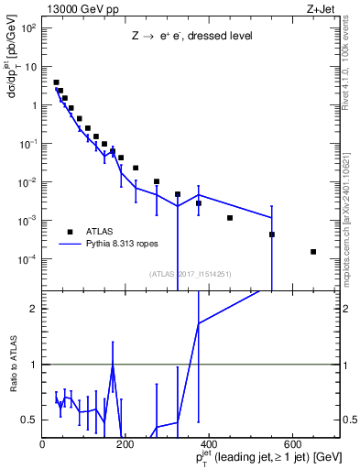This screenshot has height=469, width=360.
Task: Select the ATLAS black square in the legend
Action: [x=70, y=231]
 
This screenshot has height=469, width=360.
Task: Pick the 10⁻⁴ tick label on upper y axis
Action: [x=27, y=259]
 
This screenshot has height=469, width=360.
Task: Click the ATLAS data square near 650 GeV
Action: [x=313, y=251]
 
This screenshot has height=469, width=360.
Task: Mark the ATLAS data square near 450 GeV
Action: [x=230, y=217]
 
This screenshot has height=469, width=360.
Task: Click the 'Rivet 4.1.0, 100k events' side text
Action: [x=352, y=64]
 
